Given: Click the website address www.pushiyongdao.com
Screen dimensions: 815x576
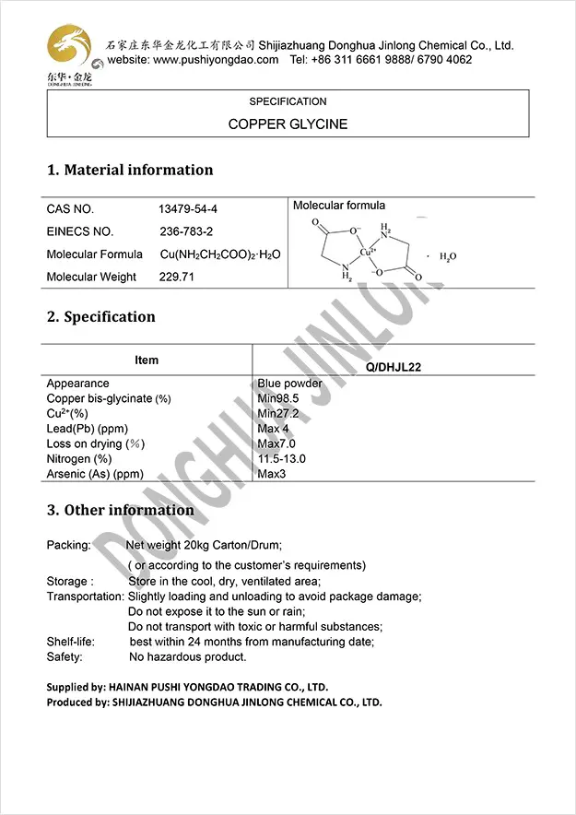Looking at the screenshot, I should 216,60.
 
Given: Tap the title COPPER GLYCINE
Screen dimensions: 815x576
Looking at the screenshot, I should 288,124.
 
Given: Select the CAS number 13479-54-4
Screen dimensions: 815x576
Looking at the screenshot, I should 188,209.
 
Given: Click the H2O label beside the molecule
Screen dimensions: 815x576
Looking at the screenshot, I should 448,257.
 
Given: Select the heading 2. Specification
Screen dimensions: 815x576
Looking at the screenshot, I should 101,317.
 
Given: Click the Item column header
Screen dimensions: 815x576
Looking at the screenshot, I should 147,360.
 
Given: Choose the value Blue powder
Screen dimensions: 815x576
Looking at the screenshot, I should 290,384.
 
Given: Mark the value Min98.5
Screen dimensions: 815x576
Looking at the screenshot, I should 280,398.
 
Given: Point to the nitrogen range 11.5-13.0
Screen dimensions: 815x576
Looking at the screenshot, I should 282,459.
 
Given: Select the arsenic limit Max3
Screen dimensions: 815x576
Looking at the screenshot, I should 275,474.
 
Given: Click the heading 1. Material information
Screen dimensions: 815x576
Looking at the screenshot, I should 130,170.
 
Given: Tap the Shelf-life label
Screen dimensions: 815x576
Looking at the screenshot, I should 70,642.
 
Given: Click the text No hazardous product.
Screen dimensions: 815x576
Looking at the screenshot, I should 188,656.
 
